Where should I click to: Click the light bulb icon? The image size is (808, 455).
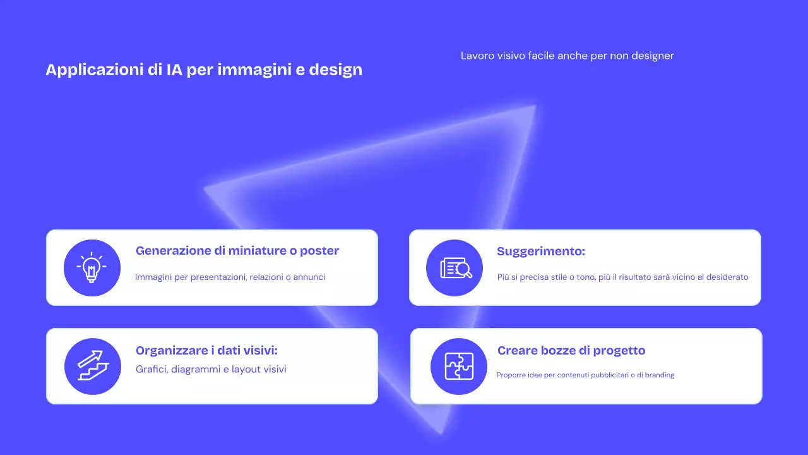tap(92, 267)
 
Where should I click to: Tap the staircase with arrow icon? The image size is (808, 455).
tap(93, 366)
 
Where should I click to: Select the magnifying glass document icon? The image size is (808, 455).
tap(454, 268)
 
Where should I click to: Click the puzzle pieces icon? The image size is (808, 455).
tap(459, 366)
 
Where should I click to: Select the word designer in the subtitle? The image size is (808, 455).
tap(652, 56)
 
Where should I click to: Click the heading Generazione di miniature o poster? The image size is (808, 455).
tap(237, 251)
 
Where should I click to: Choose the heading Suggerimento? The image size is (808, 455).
tap(541, 252)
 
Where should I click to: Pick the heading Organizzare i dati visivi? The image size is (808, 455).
tap(206, 351)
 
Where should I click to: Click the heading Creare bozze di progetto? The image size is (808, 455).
tap(571, 351)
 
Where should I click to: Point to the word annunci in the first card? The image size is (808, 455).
tap(309, 277)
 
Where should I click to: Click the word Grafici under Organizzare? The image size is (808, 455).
tap(151, 369)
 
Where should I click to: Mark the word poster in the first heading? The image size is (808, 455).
tap(319, 251)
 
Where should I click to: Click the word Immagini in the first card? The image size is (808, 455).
tap(153, 277)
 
